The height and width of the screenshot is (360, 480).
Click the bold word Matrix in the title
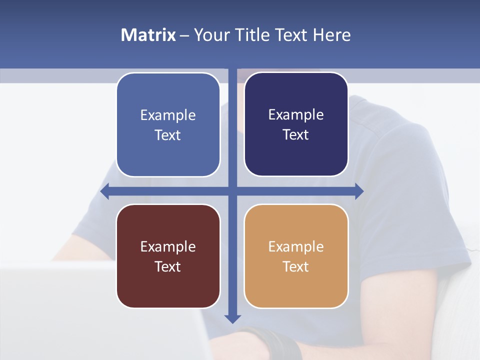148,35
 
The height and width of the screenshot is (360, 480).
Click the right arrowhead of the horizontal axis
359,191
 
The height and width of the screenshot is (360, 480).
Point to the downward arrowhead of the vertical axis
232,318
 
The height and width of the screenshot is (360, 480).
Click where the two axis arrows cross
232,191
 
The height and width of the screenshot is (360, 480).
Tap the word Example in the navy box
296,115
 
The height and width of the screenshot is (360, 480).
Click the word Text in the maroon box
167,266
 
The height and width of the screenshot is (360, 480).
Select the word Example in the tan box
296,246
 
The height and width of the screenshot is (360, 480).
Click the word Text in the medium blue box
167,135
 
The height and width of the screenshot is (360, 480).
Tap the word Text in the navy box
295,134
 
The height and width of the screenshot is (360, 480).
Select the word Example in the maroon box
168,246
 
